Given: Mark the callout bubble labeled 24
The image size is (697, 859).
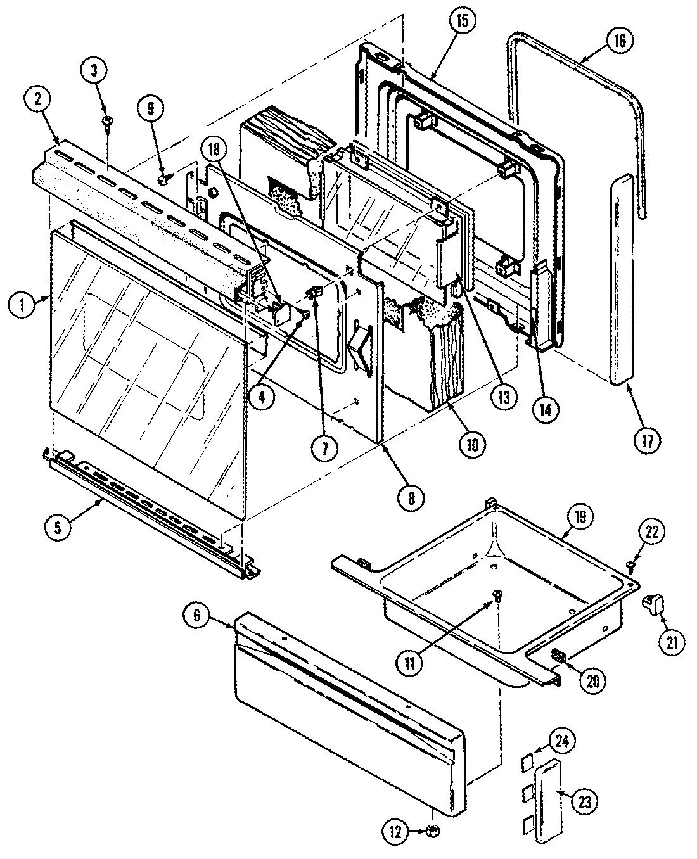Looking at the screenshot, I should [x=545, y=739].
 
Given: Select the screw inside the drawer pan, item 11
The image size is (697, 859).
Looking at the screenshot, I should [x=498, y=594].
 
